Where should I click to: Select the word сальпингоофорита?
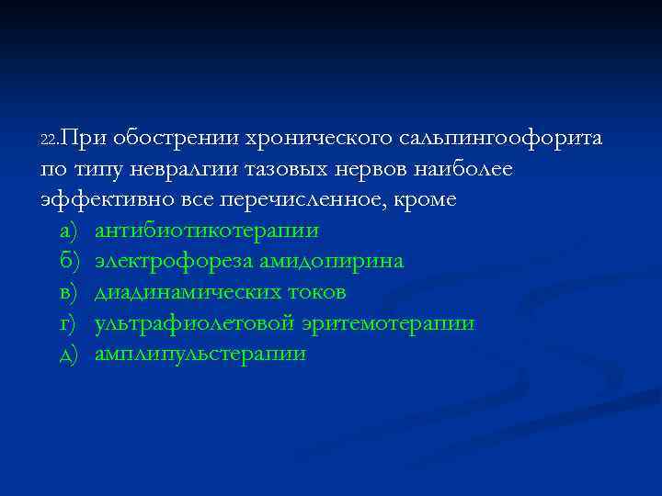(502, 139)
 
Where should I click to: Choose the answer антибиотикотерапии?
(206, 231)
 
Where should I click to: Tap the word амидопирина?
(331, 262)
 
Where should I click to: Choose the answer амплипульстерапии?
(200, 355)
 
